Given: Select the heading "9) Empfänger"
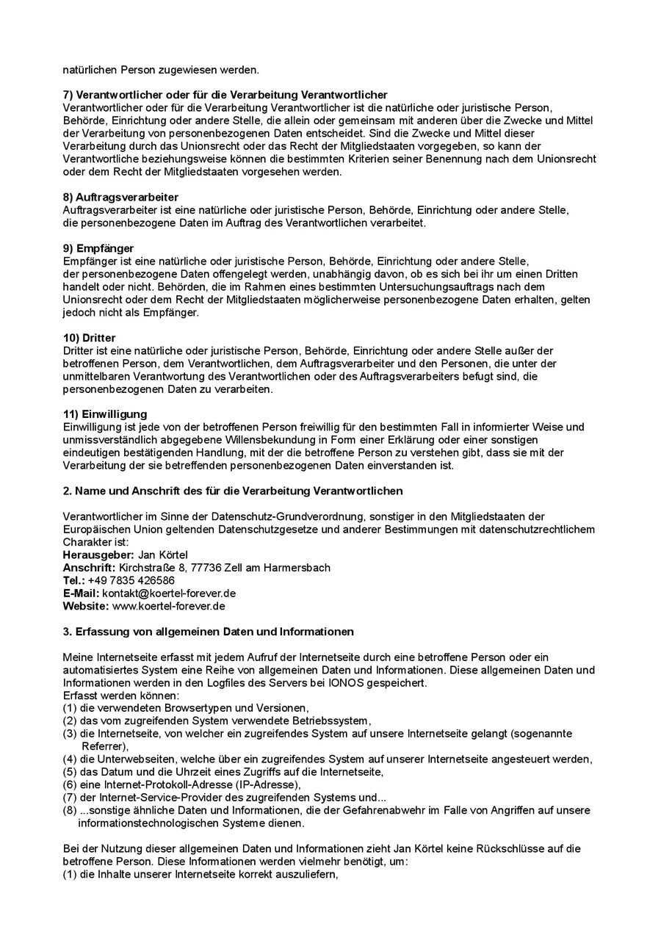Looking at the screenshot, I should tap(98, 248).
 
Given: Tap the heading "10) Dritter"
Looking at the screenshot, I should tap(90, 338).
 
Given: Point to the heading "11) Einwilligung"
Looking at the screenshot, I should tap(105, 414).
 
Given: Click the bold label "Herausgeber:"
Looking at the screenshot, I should tap(98, 555).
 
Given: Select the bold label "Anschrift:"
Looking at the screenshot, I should tap(90, 568).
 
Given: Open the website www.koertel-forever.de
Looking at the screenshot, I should tap(168, 606).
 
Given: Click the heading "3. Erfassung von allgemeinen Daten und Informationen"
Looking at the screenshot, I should tap(209, 632).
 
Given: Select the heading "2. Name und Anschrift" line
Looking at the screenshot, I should tap(233, 491).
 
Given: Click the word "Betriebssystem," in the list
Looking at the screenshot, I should tap(334, 721).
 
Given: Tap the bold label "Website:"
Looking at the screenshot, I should tap(86, 606).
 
